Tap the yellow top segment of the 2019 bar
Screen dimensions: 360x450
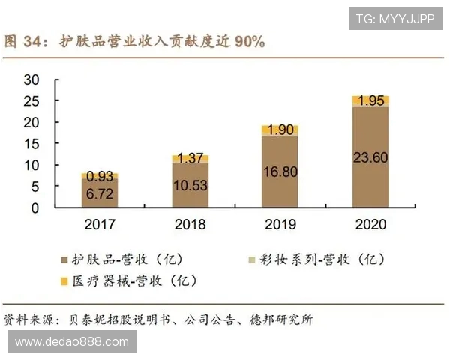pos(280,130)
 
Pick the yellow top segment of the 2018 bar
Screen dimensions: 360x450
pos(190,159)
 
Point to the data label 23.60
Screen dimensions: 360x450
pos(370,158)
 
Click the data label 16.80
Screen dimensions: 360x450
pos(280,172)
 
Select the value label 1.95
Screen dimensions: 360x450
pos(370,100)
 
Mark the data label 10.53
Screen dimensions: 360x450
pos(190,184)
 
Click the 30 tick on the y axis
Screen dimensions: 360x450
pos(52,79)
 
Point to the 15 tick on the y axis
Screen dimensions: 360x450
pos(52,144)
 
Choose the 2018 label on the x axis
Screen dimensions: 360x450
pos(190,224)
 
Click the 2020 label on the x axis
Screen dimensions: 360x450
pos(370,224)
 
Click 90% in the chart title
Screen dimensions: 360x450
pos(250,42)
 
